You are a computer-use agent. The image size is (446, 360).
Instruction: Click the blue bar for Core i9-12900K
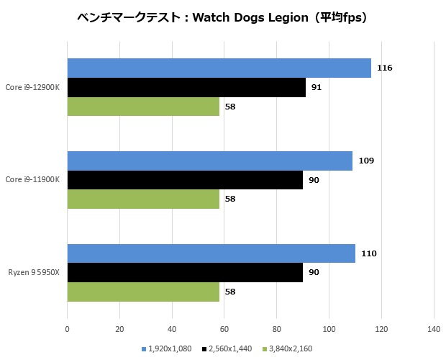coord(219,68)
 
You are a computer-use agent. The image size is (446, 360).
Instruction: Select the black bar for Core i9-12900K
coord(186,87)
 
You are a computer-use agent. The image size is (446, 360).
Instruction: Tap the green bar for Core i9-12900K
coord(143,107)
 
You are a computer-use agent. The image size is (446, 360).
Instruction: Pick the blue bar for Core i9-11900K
coord(209,161)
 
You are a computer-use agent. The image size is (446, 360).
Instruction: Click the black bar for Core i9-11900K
coord(185,180)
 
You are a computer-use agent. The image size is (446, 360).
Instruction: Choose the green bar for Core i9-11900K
coord(143,199)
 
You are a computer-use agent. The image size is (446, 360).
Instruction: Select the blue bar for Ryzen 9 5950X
coord(211,253)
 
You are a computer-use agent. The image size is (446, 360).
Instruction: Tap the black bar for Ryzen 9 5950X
coord(185,272)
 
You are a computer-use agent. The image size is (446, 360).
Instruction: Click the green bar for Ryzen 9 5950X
coord(143,292)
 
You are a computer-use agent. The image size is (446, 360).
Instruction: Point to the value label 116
coord(384,68)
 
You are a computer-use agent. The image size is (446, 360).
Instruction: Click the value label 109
coord(365,161)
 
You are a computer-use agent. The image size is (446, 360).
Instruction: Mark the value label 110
coord(368,253)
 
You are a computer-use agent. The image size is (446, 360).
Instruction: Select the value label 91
coord(317,87)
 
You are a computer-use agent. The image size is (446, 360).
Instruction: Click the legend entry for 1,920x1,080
coord(170,348)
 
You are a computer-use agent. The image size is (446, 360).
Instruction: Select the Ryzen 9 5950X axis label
coord(34,272)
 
